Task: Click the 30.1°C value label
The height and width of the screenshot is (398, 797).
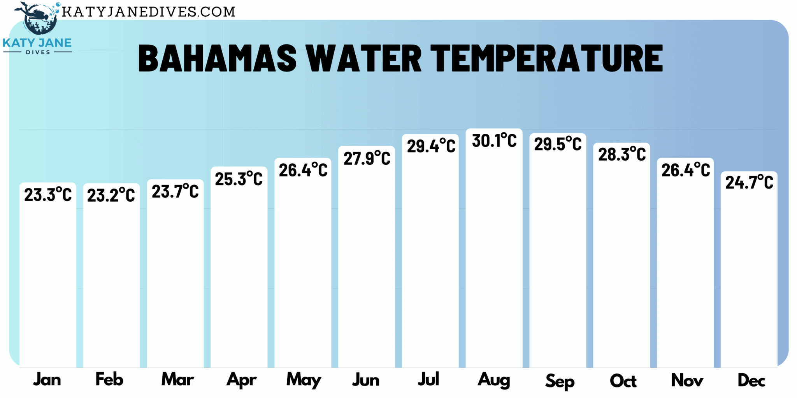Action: pos(494,141)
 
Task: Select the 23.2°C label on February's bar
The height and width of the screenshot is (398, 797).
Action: pos(111,195)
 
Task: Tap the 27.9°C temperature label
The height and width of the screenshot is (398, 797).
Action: pos(367,159)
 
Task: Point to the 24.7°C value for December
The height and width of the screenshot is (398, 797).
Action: pos(749,182)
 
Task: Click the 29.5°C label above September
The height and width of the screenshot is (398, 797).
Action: pos(558,144)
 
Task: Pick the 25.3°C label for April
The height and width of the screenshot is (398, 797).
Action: pos(239,179)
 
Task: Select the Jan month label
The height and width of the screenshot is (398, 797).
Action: pos(47,380)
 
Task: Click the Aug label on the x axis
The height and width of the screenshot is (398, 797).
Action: pos(494,380)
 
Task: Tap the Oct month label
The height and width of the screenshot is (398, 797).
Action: pos(623,381)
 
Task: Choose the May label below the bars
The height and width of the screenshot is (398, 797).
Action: pos(304,380)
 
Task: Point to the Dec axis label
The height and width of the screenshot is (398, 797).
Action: pos(751,381)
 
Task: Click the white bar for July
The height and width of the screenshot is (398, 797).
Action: pos(430,264)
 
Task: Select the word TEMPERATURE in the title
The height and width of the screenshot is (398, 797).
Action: pos(546,58)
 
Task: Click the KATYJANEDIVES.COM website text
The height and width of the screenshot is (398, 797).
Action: pos(149,12)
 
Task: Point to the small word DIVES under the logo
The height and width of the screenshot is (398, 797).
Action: pos(38,52)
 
